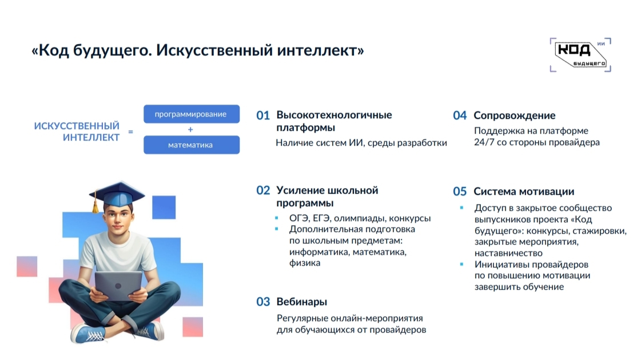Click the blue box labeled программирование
[x=192, y=114]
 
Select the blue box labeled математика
[x=192, y=145]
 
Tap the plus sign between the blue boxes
[x=190, y=130]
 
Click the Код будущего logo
[x=580, y=55]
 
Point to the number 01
[x=263, y=115]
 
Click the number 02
[x=263, y=190]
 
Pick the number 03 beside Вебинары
[x=263, y=302]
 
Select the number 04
[x=460, y=115]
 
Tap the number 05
[x=460, y=191]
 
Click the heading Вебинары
[x=302, y=302]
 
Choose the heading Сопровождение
[x=514, y=115]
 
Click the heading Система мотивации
[x=524, y=191]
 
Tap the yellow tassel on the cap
[x=95, y=205]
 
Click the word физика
[x=305, y=263]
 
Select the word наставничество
[x=508, y=253]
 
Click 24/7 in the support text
[x=484, y=142]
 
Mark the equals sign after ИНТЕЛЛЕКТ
[x=131, y=131]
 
